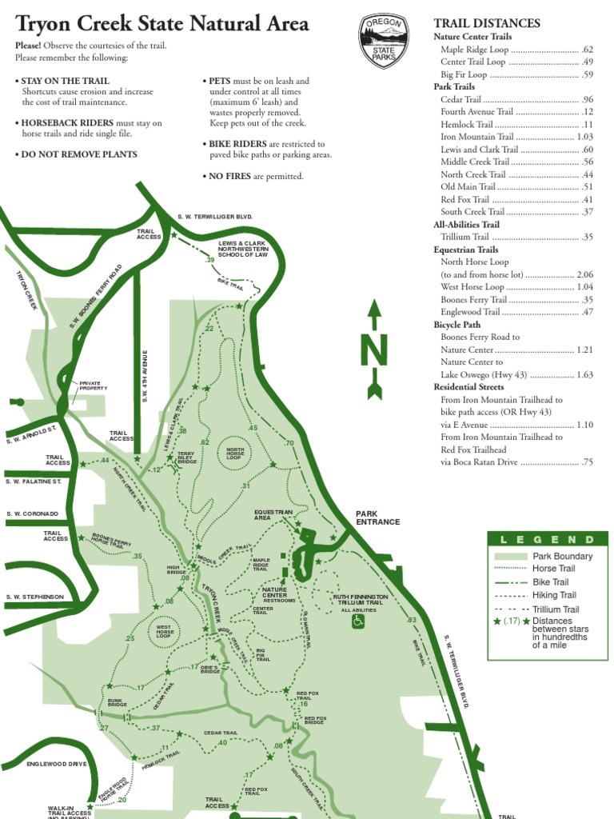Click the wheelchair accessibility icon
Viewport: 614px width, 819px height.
pyautogui.click(x=357, y=621)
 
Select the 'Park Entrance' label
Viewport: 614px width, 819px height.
pyautogui.click(x=377, y=517)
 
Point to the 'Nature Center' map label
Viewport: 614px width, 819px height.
pyautogui.click(x=274, y=593)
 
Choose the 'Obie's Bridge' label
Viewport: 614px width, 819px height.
pyautogui.click(x=210, y=669)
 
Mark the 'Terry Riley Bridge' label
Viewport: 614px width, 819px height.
pyautogui.click(x=186, y=457)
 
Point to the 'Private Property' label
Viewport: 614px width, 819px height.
pyautogui.click(x=93, y=386)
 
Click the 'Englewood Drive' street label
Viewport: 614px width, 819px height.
pyautogui.click(x=56, y=764)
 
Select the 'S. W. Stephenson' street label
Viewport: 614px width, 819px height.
pyautogui.click(x=34, y=597)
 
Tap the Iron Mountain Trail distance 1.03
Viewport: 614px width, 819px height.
pyautogui.click(x=584, y=137)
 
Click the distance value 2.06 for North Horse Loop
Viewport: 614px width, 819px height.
pyautogui.click(x=584, y=274)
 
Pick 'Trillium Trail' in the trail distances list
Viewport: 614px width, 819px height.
pyautogui.click(x=464, y=237)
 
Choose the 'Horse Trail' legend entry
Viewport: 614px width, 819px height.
pyautogui.click(x=554, y=569)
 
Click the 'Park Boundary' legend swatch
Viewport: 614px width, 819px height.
pyautogui.click(x=509, y=556)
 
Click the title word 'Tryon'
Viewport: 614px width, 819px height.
pyautogui.click(x=47, y=24)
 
